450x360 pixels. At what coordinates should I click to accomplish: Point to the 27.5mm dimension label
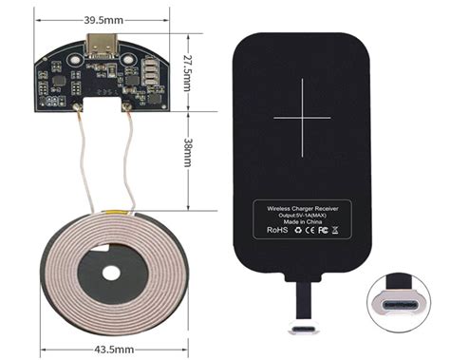[189, 68]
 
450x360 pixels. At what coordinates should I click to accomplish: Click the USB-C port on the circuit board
[101, 46]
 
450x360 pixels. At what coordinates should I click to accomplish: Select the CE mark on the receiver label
[309, 230]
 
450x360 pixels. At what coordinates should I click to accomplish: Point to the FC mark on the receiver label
[323, 230]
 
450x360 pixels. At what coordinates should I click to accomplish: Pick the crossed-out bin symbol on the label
[339, 230]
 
